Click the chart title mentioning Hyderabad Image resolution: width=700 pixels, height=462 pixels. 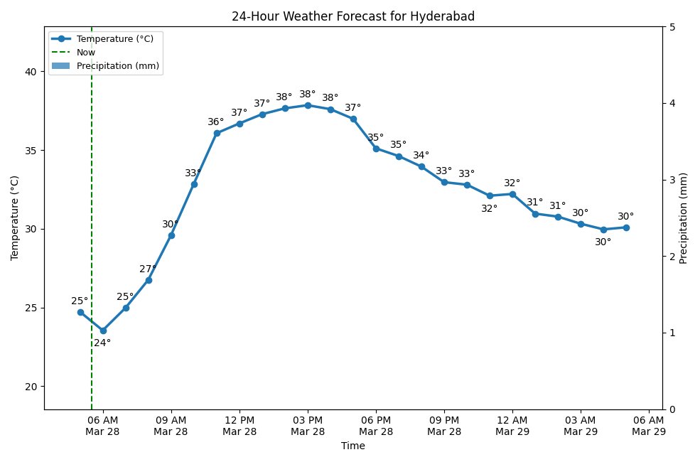click(x=352, y=16)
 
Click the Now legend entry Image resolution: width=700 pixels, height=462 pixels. click(x=85, y=53)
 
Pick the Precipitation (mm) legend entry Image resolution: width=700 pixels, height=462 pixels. click(x=117, y=66)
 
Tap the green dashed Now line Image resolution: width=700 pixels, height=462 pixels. click(x=92, y=213)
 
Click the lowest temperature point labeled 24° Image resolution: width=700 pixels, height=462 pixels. click(x=103, y=331)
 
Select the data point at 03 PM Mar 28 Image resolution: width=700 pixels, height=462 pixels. click(x=308, y=105)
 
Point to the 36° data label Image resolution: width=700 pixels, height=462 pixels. click(x=216, y=122)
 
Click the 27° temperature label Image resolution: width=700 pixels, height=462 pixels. click(x=148, y=269)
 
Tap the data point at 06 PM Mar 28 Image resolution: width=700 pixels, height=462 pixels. click(x=376, y=149)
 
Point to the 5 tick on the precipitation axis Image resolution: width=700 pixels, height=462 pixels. click(x=672, y=27)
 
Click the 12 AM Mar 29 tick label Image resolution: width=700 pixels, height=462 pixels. click(x=512, y=425)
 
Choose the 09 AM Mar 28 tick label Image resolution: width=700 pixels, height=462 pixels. click(x=171, y=425)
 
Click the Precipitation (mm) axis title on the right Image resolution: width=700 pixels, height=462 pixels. click(x=684, y=217)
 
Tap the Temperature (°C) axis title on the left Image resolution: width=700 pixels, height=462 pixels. click(x=15, y=217)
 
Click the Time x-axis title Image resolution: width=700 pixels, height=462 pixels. click(x=352, y=446)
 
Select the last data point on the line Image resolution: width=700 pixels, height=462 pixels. click(x=626, y=227)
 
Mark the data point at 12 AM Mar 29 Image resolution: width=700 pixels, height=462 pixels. click(x=512, y=194)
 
